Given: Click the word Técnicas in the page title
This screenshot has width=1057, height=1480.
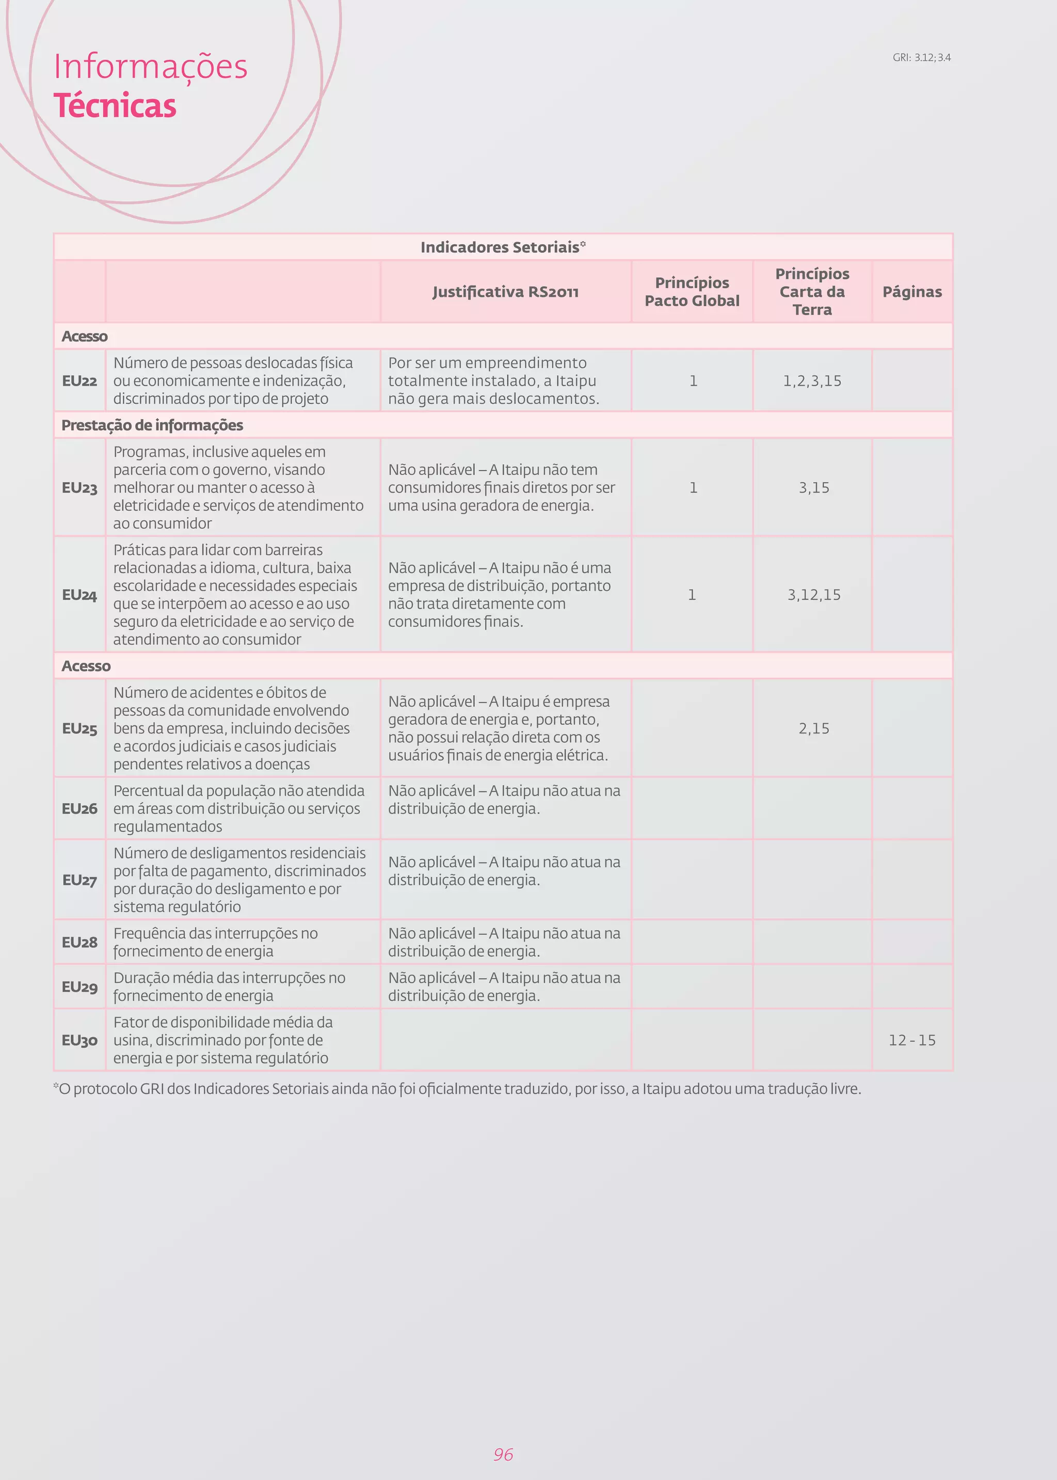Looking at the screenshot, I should pos(115,106).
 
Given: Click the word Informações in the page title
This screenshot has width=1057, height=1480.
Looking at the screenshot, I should pos(150,67).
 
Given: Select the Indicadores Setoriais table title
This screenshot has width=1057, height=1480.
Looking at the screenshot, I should pos(503,247).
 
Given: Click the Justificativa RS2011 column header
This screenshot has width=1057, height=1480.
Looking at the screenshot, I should pos(505,292).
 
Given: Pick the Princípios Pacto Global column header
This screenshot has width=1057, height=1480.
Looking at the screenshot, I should pos(692,292).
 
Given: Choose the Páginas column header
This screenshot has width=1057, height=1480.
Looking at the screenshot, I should pos(912,292).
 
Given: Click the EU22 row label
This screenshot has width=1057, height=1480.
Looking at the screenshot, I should pos(79,381).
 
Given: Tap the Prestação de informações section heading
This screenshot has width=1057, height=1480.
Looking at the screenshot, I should pos(152,425).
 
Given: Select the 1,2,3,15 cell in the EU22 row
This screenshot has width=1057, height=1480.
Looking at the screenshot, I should pos(812,381).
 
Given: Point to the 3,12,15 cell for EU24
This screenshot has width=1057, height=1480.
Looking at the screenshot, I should pos(813,595).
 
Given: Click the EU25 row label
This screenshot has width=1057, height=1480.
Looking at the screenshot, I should pos(79,728).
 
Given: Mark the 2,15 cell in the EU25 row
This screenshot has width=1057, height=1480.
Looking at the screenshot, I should pos(813,728).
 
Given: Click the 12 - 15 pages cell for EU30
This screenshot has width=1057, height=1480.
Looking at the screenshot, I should pos(912,1040).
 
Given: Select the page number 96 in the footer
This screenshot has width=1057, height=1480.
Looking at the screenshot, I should pos(503,1454).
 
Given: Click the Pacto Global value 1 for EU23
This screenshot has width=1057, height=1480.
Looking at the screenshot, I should pos(693,487).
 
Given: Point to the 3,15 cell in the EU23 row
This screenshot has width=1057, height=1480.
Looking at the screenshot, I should pos(813,487).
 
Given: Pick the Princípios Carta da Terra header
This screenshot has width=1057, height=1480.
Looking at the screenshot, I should pos(812,292).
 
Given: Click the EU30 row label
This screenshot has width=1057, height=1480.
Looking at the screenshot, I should pos(79,1040).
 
